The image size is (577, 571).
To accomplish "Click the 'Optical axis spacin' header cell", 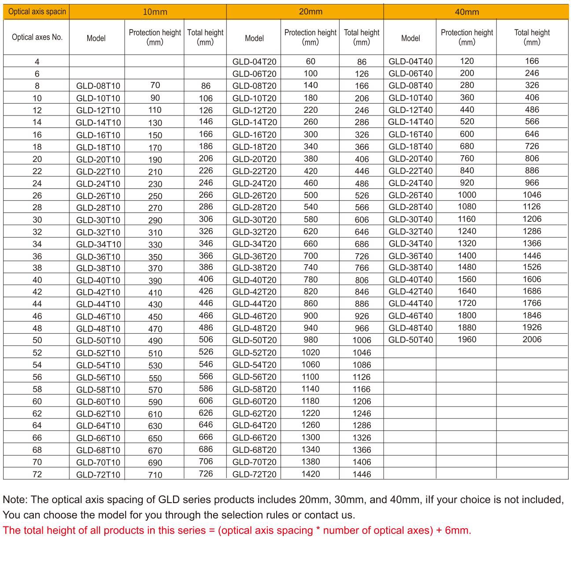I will point(37,11).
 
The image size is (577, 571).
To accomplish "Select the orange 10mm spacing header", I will point(155,12).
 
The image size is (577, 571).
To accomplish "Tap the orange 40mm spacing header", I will point(466,12).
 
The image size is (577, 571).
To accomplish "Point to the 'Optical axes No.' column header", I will point(37,37).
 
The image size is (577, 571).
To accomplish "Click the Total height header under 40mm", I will point(532,37).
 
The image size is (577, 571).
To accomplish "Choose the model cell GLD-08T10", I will point(98,86).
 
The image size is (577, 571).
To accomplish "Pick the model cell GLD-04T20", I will point(254,62).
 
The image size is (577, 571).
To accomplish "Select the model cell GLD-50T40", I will point(411,340).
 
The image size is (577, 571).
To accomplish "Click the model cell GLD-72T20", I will point(254,474).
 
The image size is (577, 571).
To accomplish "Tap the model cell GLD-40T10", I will point(98,280).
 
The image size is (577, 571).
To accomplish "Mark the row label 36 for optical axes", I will point(37,256).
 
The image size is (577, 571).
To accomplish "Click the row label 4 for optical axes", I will point(37,62).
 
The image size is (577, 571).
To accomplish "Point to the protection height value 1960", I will point(466,340).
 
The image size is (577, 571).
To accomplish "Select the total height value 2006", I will point(532,340).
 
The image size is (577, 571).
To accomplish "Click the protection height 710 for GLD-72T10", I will point(155,475).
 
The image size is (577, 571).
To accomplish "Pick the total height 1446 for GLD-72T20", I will point(362,474).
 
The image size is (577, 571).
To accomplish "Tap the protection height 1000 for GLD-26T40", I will point(466,195).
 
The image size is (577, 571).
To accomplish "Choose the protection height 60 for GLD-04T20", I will point(311,61).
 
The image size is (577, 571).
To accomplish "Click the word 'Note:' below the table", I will point(15,500).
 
